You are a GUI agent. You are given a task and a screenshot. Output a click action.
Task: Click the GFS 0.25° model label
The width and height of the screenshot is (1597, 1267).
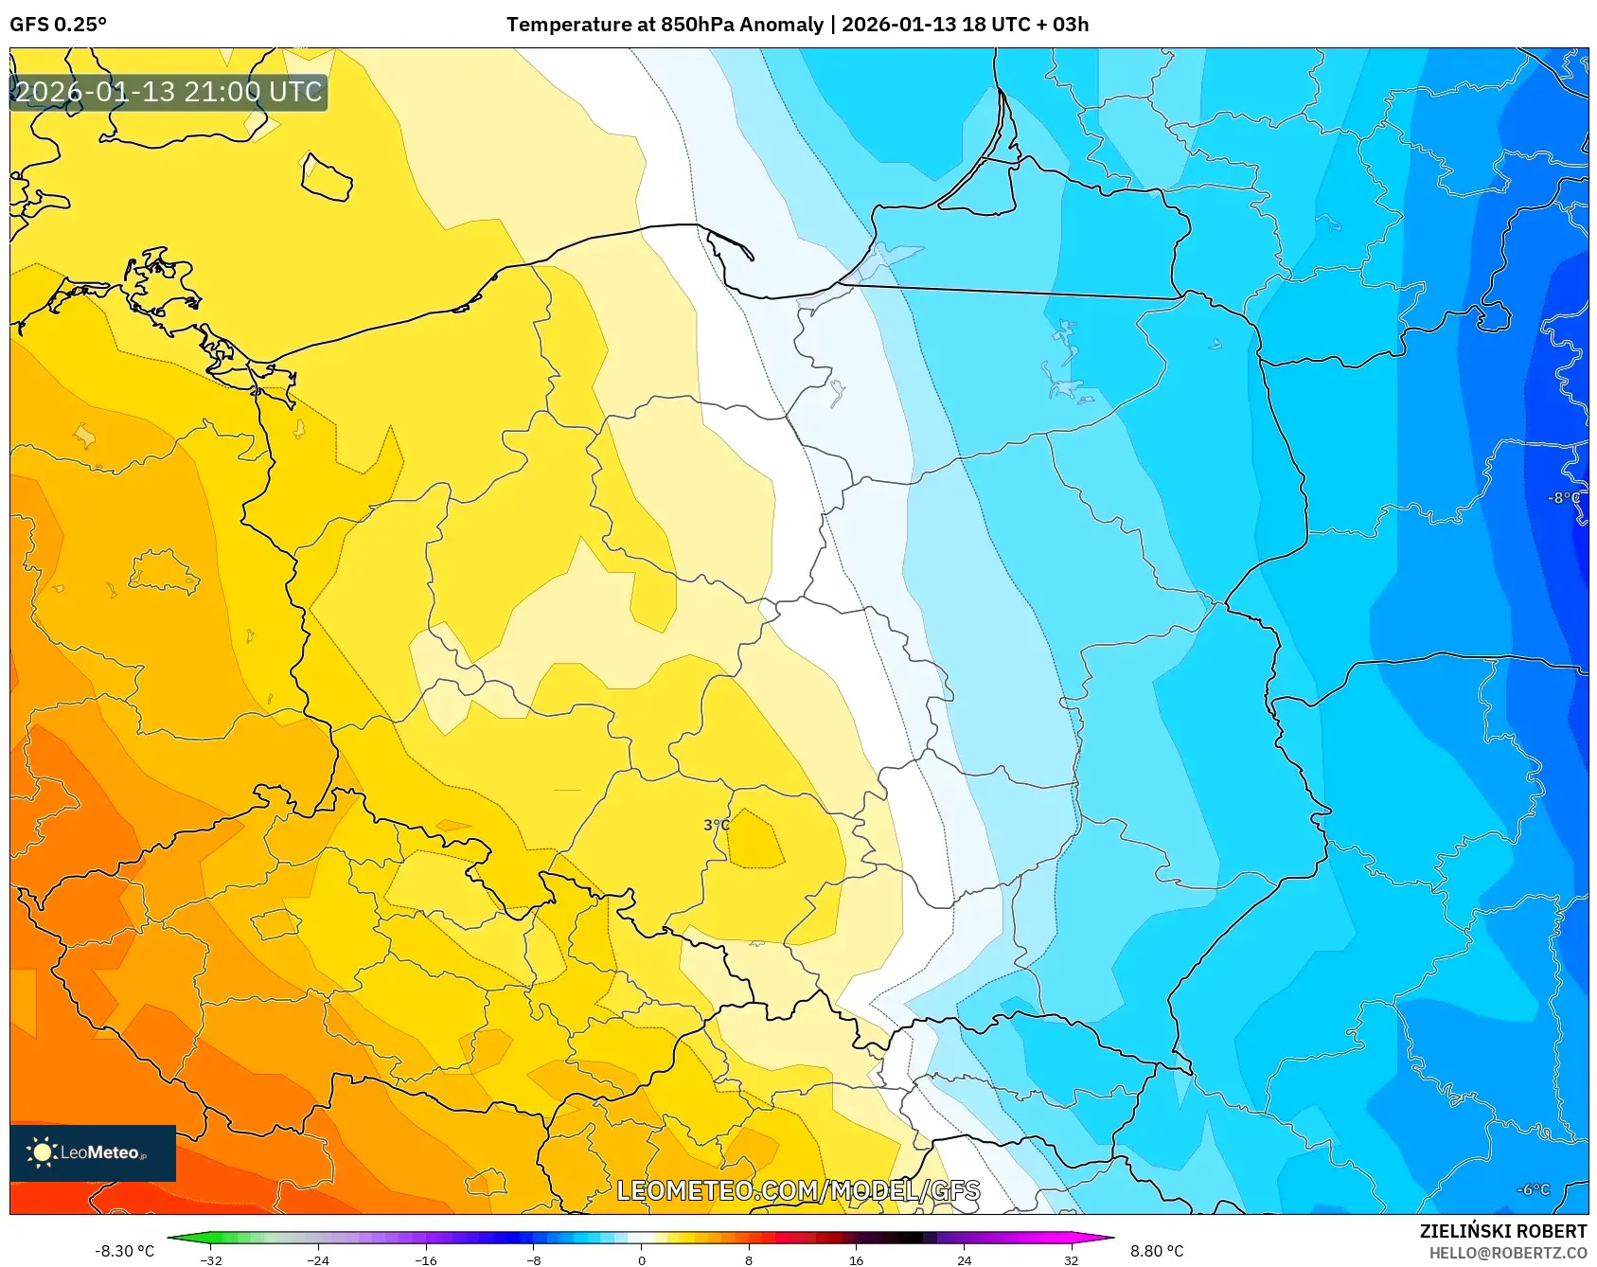[x=58, y=25]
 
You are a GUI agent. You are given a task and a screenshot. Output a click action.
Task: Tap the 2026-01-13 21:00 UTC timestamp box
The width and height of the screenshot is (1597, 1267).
[x=169, y=93]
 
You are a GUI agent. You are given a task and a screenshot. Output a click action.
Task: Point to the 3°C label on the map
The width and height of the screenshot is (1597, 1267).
[x=717, y=825]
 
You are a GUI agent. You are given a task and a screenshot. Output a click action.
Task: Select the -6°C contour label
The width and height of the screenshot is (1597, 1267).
[x=1534, y=1190]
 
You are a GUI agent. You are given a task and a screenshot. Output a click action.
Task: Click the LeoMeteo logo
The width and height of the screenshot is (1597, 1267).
[x=93, y=1152]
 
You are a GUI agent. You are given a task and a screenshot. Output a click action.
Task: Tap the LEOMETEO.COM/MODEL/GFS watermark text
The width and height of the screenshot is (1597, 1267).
[x=798, y=1191]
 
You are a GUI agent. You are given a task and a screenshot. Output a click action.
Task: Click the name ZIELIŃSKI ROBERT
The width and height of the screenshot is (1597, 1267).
[x=1502, y=1231]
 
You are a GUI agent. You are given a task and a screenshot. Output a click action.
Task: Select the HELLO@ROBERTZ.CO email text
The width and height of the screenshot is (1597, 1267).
[x=1507, y=1253]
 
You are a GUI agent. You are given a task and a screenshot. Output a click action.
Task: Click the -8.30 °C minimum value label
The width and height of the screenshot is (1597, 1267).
[x=124, y=1251]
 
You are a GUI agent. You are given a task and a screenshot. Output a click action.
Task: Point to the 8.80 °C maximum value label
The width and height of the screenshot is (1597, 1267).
[x=1157, y=1251]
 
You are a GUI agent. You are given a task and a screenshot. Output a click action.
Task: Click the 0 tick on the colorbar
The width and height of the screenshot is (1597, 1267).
[x=642, y=1259]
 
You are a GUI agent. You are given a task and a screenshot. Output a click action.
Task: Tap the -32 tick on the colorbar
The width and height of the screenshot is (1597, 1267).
[x=211, y=1259]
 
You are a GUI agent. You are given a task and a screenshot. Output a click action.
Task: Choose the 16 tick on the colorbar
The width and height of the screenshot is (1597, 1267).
[x=856, y=1259]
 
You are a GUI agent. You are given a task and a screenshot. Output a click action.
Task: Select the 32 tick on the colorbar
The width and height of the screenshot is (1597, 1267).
[x=1071, y=1259]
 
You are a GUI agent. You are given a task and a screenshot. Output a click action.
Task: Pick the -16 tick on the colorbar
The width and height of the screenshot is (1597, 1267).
[x=426, y=1259]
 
